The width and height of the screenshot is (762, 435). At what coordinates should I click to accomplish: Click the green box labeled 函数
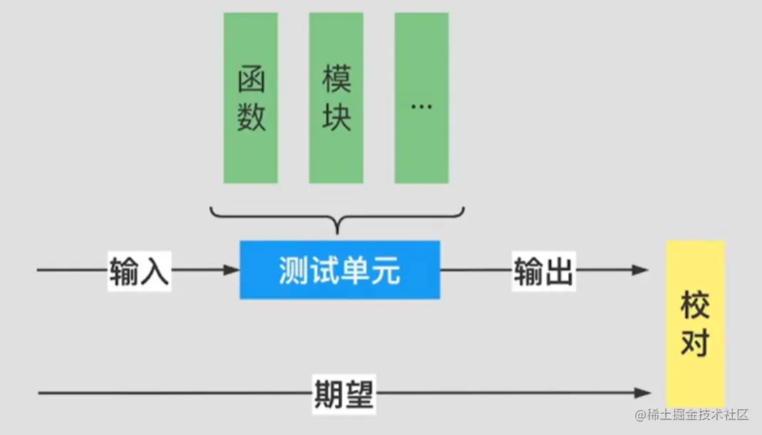click(251, 98)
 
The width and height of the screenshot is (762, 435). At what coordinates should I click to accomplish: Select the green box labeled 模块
click(336, 98)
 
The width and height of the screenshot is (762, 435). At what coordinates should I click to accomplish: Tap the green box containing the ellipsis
click(422, 98)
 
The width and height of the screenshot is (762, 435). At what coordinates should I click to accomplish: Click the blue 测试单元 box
click(340, 270)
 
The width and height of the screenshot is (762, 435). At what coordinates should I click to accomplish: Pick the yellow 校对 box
click(695, 324)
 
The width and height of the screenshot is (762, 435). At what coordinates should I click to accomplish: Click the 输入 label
click(139, 271)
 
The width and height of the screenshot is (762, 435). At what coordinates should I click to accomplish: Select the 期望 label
click(344, 392)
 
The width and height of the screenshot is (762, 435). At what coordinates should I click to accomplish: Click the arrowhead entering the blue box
click(231, 270)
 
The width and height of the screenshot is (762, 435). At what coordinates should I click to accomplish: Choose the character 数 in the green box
click(251, 116)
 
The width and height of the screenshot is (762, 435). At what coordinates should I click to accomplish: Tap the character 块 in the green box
click(336, 116)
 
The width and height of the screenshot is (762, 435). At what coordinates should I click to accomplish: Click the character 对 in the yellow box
click(695, 343)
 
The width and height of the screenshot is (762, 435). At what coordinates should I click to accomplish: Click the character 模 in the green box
click(336, 80)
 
